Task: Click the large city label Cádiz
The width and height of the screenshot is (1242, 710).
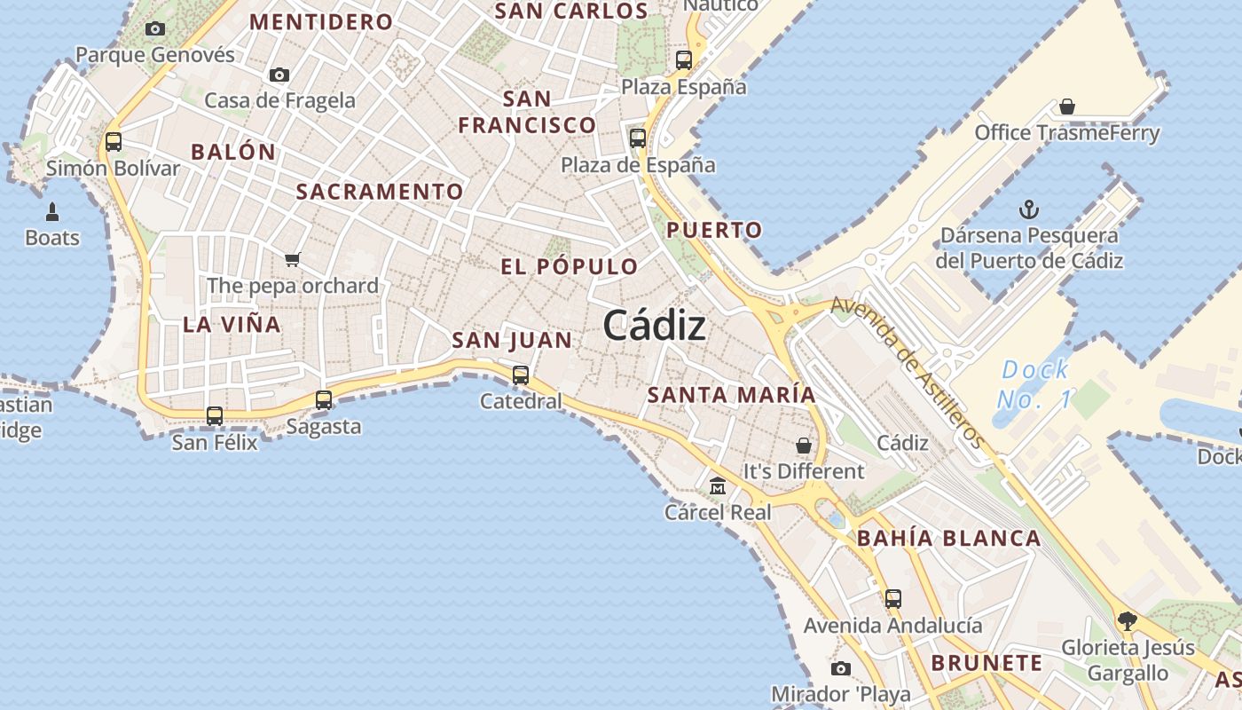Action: click(655, 327)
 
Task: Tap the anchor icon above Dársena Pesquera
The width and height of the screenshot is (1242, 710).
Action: click(1029, 210)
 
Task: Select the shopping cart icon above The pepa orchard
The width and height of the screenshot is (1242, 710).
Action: click(293, 259)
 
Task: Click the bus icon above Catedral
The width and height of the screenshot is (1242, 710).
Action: click(521, 375)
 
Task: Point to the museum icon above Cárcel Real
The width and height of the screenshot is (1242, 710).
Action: click(718, 485)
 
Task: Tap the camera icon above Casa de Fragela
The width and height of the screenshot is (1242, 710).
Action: click(279, 75)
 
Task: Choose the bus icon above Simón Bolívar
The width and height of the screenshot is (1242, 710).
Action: click(114, 141)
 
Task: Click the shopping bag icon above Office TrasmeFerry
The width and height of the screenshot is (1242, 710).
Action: click(1067, 106)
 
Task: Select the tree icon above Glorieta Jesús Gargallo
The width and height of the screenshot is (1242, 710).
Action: click(1128, 620)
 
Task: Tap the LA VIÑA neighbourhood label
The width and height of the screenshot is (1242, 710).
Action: click(232, 325)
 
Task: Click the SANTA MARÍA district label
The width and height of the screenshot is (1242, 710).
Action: click(732, 395)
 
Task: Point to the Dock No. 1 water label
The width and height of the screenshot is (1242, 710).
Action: click(1034, 384)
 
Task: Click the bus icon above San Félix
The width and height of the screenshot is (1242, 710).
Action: click(215, 415)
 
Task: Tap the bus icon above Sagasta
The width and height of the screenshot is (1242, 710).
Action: click(324, 400)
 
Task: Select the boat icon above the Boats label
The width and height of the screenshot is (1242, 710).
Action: click(52, 211)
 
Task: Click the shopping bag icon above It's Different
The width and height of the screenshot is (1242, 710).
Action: click(804, 445)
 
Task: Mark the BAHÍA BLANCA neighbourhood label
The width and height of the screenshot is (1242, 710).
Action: click(949, 538)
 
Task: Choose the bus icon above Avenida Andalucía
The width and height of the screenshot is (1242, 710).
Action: click(893, 598)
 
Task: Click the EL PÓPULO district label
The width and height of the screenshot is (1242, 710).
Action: click(570, 266)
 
